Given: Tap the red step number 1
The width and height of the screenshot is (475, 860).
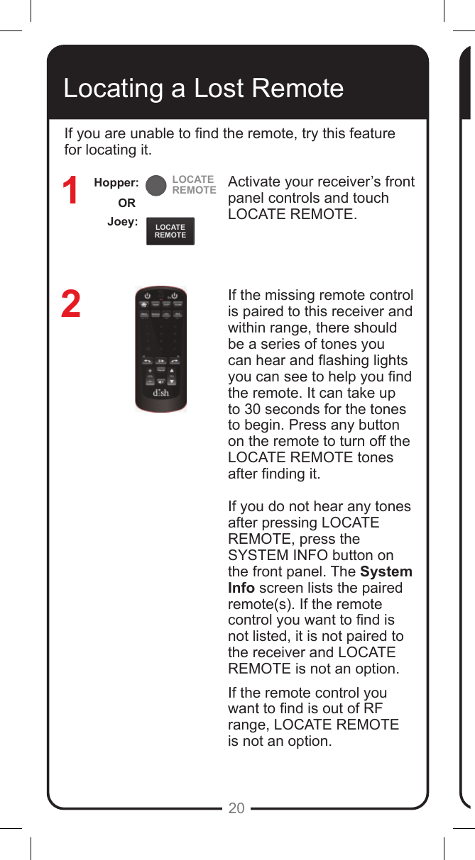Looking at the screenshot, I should pyautogui.click(x=70, y=192).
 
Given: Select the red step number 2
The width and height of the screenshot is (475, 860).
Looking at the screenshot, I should pyautogui.click(x=70, y=304).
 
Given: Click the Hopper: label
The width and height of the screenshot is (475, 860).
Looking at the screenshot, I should pyautogui.click(x=116, y=183).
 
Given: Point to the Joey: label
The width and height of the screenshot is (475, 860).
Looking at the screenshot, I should pyautogui.click(x=122, y=222).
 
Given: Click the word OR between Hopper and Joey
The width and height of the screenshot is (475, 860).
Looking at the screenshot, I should pyautogui.click(x=126, y=203).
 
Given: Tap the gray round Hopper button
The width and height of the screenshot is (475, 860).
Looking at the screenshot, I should pyautogui.click(x=155, y=185).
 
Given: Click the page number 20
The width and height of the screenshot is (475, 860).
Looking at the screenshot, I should pyautogui.click(x=236, y=808).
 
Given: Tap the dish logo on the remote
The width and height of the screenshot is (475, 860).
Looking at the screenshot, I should pyautogui.click(x=161, y=393).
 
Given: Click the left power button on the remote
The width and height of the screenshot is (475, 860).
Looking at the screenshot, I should pyautogui.click(x=147, y=296).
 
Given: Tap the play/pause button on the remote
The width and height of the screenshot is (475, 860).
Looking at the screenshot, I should pyautogui.click(x=161, y=361).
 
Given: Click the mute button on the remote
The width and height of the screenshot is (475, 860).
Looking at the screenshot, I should pyautogui.click(x=161, y=383).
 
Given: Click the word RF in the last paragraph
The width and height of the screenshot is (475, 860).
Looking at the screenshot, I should pyautogui.click(x=373, y=709).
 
